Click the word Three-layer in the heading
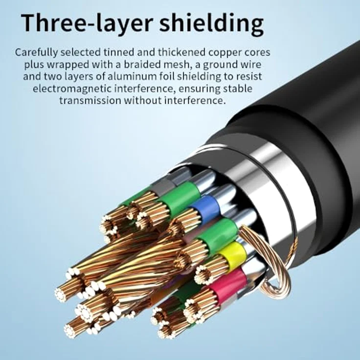pos(87,22)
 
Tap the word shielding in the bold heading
pos(211,23)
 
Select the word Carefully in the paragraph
pos(36,52)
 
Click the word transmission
pos(90,101)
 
